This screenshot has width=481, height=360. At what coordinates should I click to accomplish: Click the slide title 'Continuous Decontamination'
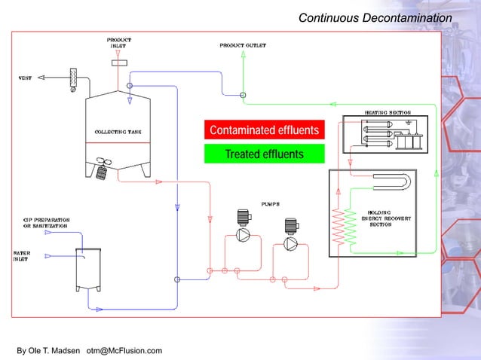(375, 17)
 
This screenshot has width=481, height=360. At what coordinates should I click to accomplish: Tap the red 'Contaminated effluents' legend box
(264, 130)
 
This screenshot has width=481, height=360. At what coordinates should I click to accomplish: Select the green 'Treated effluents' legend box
(264, 154)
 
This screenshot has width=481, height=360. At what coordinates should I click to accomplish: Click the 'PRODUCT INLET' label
(118, 42)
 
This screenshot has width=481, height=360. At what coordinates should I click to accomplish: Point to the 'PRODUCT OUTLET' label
(242, 46)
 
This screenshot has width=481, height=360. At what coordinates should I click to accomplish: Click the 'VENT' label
(24, 78)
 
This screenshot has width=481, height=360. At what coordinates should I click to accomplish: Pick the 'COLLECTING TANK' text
(118, 133)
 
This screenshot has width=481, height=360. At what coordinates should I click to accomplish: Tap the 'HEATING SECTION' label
(387, 112)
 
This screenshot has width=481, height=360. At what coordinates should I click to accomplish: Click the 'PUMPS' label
(271, 203)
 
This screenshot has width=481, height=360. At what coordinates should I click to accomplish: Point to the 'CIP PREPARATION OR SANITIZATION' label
(45, 223)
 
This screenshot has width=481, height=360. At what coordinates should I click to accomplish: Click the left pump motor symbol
(244, 218)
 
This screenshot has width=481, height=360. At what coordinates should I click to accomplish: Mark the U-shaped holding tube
(392, 183)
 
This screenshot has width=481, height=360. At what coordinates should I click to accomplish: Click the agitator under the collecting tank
(102, 170)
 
